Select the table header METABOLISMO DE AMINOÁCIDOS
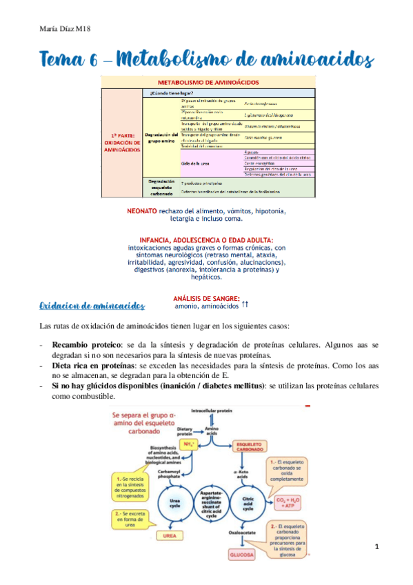tap(209, 81)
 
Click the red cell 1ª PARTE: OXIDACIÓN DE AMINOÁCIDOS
tap(121, 141)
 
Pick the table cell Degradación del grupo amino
tap(163, 135)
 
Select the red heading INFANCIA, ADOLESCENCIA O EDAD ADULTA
tap(208, 239)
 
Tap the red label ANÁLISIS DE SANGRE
tap(207, 299)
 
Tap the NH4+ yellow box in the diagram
tap(186, 446)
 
